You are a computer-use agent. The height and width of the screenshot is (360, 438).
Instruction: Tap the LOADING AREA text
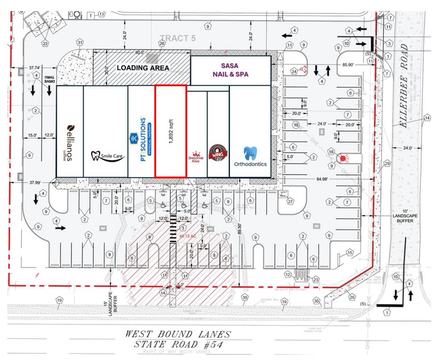pos(144,68)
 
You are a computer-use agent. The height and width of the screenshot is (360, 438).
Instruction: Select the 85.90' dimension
pos(349,64)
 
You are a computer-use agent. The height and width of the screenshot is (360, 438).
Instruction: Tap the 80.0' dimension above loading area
pos(142,52)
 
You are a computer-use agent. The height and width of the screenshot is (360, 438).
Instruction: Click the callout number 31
pos(80,42)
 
